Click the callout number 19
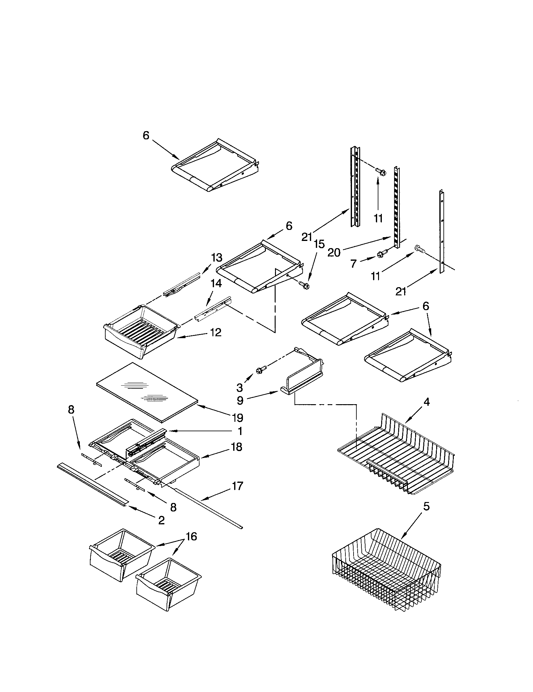(237, 418)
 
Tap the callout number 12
(216, 332)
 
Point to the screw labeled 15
(305, 286)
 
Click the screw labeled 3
(261, 369)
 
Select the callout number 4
(426, 402)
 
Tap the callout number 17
(237, 486)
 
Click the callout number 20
(334, 253)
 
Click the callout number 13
(217, 258)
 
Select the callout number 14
(216, 283)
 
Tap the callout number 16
(191, 536)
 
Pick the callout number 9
(240, 400)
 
